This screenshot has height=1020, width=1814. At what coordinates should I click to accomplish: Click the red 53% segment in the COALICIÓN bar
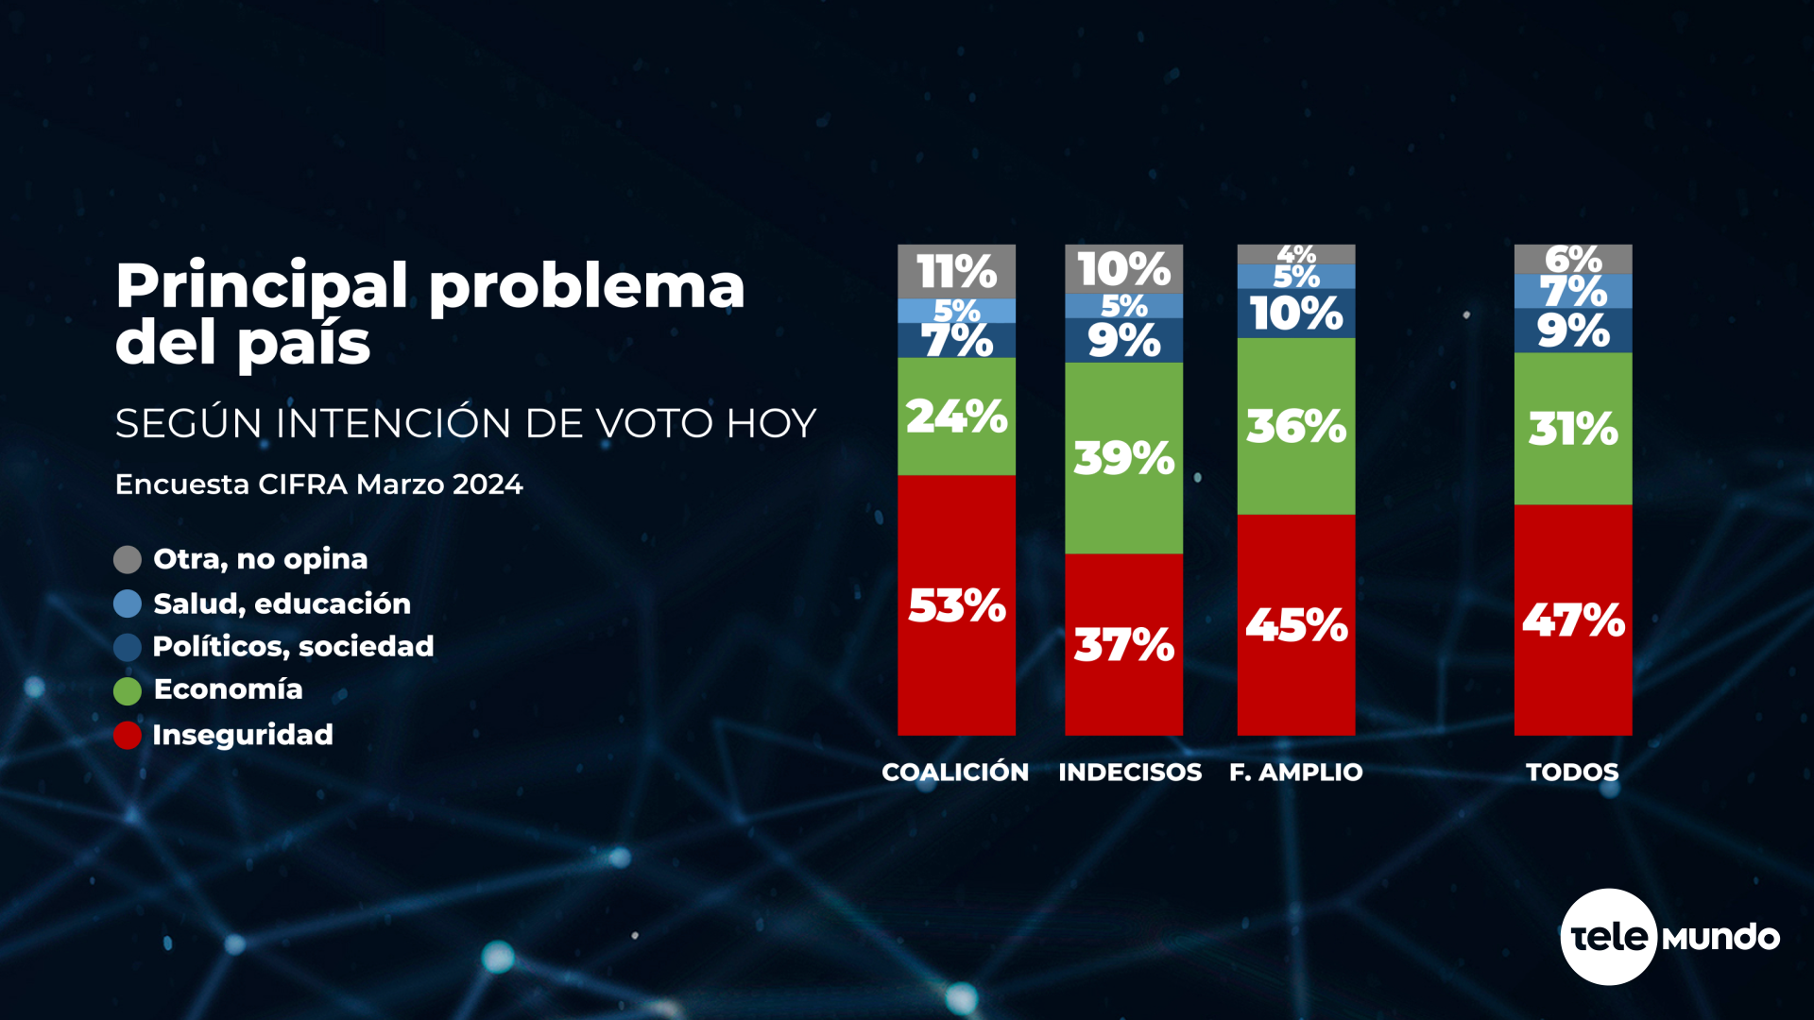click(956, 604)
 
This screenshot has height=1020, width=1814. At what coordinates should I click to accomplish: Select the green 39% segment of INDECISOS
click(1123, 458)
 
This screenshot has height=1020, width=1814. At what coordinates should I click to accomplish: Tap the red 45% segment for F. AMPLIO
click(1295, 624)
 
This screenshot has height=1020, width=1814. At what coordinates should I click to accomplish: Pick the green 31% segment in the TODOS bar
click(1572, 429)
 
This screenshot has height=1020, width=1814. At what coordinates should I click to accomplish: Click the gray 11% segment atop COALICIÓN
click(956, 271)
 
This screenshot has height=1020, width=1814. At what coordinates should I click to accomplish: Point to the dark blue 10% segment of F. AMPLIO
click(1295, 314)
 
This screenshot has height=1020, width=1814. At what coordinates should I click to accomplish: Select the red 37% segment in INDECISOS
click(1123, 644)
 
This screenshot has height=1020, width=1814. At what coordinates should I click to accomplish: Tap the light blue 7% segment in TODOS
click(1572, 291)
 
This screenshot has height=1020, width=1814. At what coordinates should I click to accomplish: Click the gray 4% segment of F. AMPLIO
click(1295, 253)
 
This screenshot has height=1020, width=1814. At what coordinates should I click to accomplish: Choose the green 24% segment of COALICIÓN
click(956, 416)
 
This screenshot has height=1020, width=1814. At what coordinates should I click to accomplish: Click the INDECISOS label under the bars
click(1130, 773)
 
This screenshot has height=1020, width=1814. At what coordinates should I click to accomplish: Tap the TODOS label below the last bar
click(1572, 773)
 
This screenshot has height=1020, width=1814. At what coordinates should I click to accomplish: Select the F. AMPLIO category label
click(1295, 773)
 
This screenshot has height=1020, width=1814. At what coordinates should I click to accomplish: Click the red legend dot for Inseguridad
click(128, 735)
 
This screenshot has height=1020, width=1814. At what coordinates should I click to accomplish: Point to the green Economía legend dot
click(128, 690)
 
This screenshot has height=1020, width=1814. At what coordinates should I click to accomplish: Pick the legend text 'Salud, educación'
click(282, 603)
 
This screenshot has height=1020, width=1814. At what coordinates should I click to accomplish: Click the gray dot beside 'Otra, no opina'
click(128, 559)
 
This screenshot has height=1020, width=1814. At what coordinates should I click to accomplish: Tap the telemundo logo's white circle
click(1608, 937)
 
